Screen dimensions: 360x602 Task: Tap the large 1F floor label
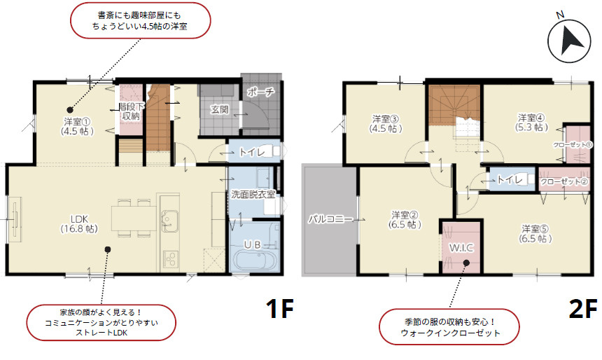tap(279, 309)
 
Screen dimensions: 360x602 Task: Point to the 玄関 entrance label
tap(219, 109)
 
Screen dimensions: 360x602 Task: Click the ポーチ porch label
tap(260, 92)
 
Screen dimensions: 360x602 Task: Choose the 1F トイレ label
tap(251, 151)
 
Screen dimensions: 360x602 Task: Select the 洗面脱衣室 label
tap(253, 194)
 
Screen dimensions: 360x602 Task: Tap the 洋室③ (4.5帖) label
tap(386, 123)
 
